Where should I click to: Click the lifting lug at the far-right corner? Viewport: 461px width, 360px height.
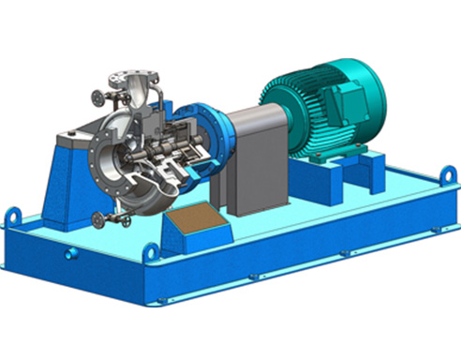coord(451,175)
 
